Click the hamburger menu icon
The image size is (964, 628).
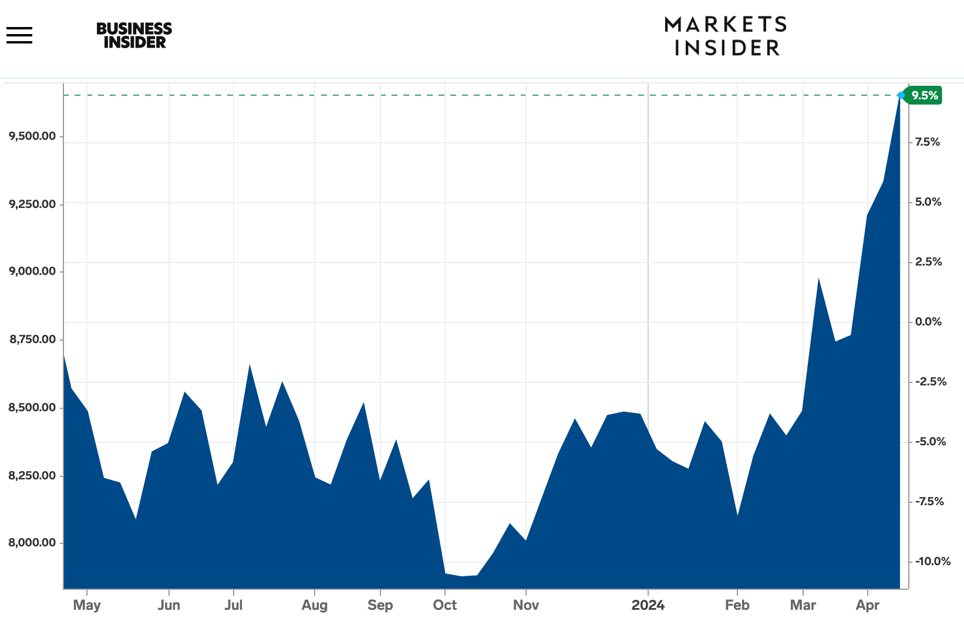(x=19, y=35)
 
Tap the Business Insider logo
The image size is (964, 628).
(x=134, y=35)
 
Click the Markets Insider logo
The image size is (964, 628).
(x=726, y=36)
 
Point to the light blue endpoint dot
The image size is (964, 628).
(x=901, y=95)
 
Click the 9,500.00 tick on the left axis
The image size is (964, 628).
(x=32, y=136)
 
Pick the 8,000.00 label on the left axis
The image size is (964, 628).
(x=32, y=542)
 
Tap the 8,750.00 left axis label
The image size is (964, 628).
(x=33, y=339)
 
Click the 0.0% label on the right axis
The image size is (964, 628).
(x=928, y=322)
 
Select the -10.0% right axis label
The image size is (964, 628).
(x=932, y=561)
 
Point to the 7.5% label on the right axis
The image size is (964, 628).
(x=928, y=142)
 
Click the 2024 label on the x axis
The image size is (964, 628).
(x=648, y=605)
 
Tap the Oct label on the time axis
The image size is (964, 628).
(x=444, y=605)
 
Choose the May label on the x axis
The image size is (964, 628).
(x=87, y=605)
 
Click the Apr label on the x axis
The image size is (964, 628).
(x=867, y=605)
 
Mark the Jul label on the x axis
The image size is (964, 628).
(x=233, y=605)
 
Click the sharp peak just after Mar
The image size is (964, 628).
(x=818, y=278)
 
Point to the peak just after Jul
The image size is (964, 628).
(x=250, y=365)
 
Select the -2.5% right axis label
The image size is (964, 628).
(x=931, y=382)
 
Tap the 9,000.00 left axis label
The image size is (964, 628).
(x=32, y=271)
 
